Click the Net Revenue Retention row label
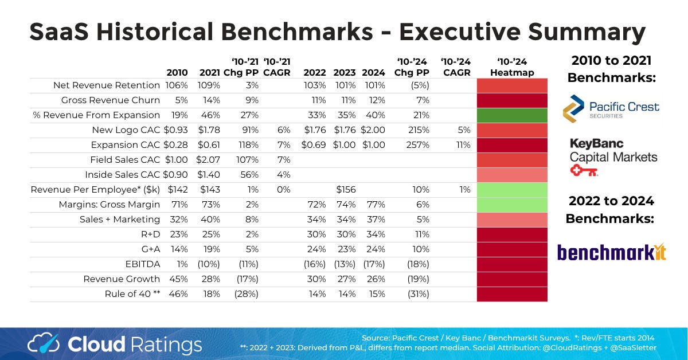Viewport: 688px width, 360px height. [x=107, y=85]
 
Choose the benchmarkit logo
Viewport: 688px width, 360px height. [x=611, y=252]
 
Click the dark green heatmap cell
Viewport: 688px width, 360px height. [x=512, y=115]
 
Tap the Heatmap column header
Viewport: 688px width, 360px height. [x=512, y=68]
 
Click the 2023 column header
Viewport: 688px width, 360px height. [x=344, y=73]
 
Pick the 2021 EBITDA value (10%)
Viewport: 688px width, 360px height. [x=209, y=264]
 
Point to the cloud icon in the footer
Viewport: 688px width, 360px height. [x=45, y=344]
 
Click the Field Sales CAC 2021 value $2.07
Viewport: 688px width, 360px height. [x=209, y=160]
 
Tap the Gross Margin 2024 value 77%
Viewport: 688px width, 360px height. [x=374, y=205]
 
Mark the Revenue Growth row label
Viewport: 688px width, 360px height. [x=122, y=279]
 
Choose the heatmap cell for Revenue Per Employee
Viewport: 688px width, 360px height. [x=512, y=190]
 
